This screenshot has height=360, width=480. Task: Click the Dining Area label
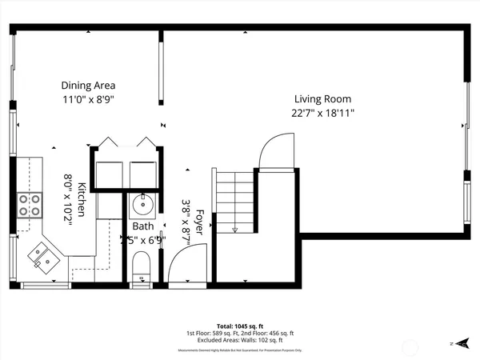click(x=88, y=85)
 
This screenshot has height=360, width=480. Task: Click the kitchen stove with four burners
click(x=30, y=206)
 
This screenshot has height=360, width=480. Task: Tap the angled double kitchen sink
click(x=42, y=257)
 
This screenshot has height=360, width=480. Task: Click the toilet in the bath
click(x=142, y=266)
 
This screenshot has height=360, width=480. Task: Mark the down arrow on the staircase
click(x=234, y=229)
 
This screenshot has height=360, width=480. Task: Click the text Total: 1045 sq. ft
click(x=239, y=326)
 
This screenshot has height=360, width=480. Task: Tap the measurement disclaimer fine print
click(x=239, y=350)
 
